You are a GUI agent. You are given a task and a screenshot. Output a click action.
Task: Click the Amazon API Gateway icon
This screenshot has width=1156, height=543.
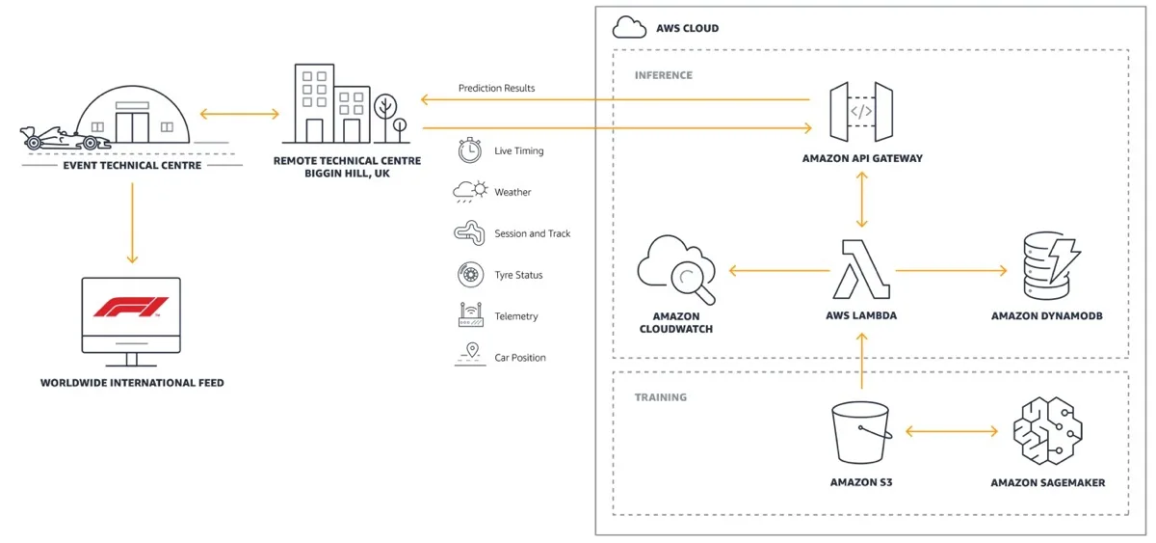pyautogui.click(x=861, y=111)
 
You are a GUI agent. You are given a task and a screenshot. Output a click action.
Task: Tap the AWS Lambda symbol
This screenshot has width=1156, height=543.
pyautogui.click(x=860, y=269)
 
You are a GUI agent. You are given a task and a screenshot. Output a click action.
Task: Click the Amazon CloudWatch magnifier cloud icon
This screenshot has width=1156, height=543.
pyautogui.click(x=676, y=270)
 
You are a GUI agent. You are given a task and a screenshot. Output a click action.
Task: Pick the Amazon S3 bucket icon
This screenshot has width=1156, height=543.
pyautogui.click(x=860, y=433)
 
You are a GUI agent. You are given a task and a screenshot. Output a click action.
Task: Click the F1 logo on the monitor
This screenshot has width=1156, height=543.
pyautogui.click(x=131, y=307)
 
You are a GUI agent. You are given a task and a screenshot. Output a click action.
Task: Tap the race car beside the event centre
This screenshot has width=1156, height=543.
pyautogui.click(x=60, y=139)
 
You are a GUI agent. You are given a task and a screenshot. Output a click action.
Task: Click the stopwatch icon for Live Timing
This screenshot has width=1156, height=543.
pyautogui.click(x=470, y=150)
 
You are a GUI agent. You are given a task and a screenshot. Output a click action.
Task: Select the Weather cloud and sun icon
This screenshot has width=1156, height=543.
pyautogui.click(x=470, y=192)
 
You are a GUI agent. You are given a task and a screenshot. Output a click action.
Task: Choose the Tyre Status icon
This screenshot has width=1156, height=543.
pyautogui.click(x=470, y=275)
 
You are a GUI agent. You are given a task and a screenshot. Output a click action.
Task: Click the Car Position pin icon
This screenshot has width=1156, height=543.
pyautogui.click(x=470, y=355)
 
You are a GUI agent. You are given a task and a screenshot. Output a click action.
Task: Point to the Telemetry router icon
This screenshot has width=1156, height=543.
pyautogui.click(x=470, y=315)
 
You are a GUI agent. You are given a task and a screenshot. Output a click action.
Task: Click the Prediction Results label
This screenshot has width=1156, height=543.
pyautogui.click(x=496, y=89)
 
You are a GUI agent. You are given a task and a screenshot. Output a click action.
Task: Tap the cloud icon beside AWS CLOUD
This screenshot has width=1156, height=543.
pyautogui.click(x=629, y=27)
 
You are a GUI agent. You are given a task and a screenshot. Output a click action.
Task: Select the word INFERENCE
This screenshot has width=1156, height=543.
pyautogui.click(x=663, y=75)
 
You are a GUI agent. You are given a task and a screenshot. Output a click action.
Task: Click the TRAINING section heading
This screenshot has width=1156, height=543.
pyautogui.click(x=661, y=397)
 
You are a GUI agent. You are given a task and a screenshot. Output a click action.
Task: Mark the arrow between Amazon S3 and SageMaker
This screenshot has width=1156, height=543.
pyautogui.click(x=952, y=433)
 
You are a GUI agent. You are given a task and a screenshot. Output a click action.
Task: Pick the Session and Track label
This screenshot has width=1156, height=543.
pyautogui.click(x=532, y=233)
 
